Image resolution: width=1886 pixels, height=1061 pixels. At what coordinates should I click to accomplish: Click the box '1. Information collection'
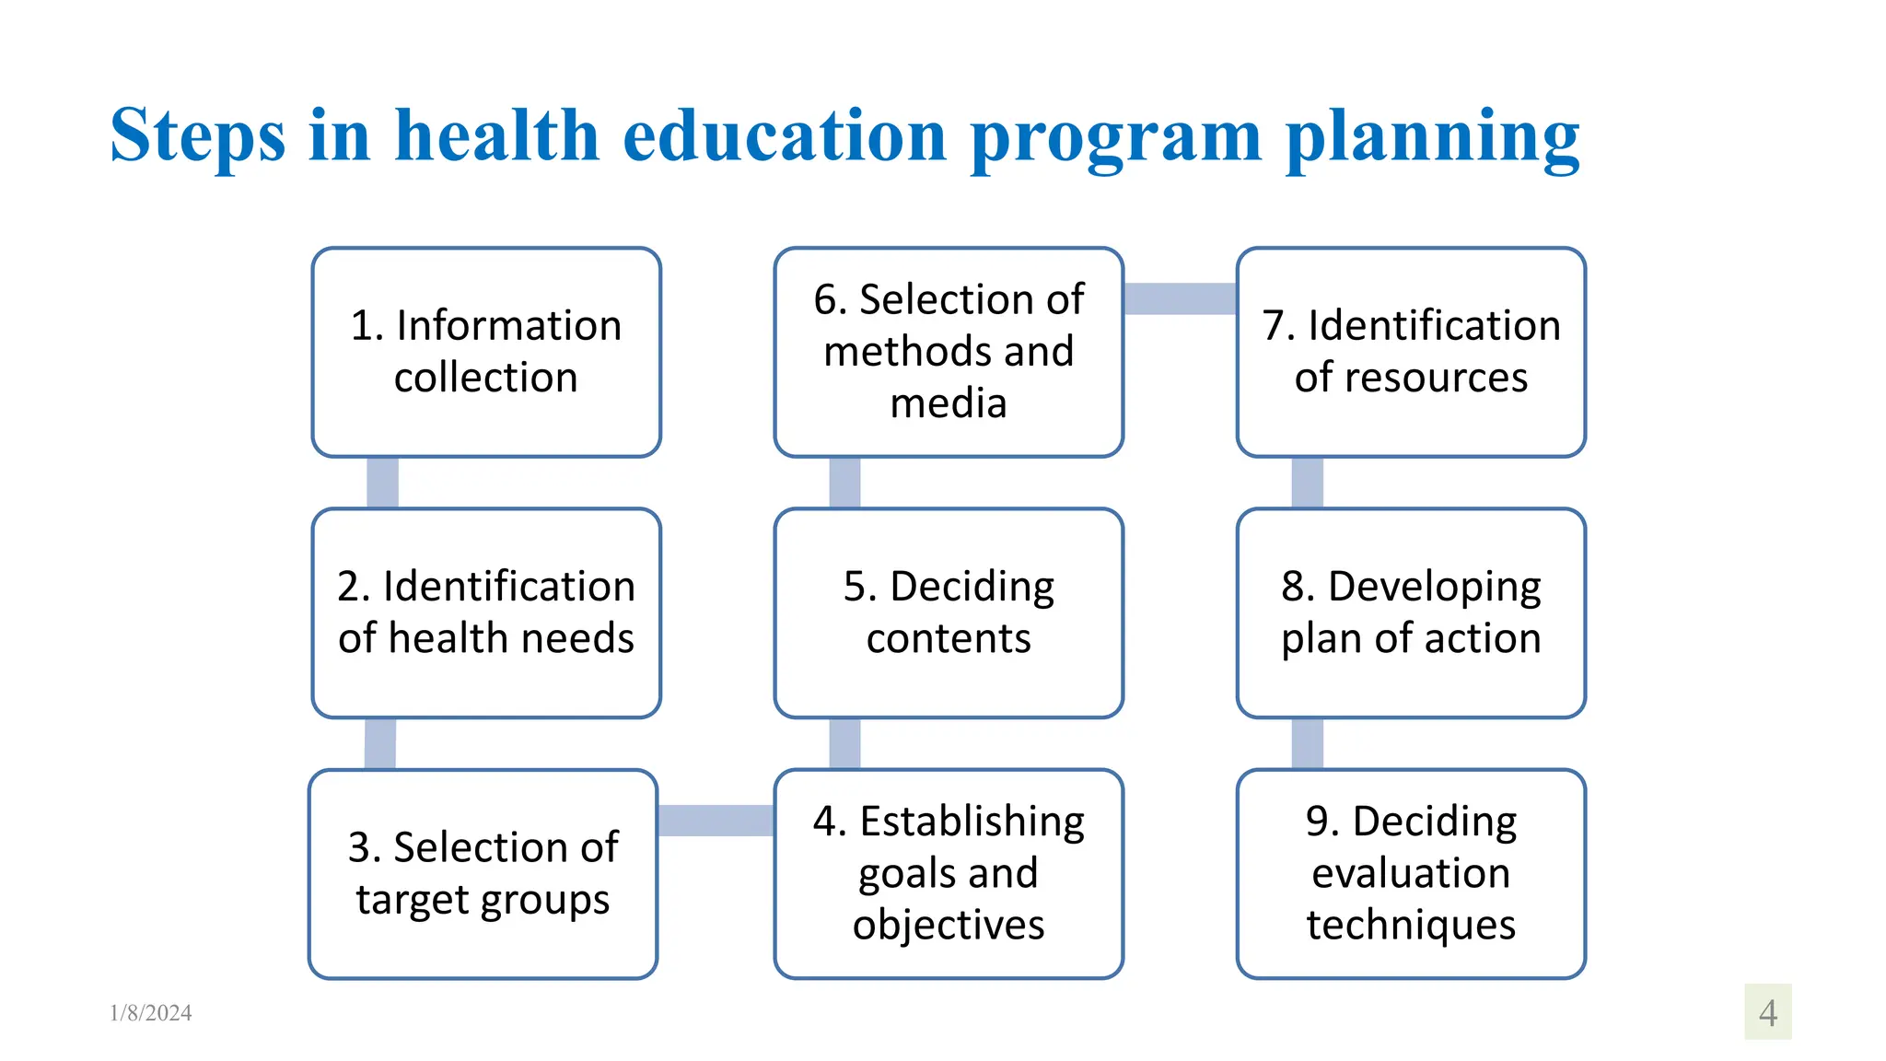(486, 352)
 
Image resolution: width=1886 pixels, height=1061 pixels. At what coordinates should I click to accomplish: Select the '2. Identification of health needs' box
(486, 612)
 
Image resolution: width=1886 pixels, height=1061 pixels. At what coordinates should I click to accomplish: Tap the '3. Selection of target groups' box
(483, 873)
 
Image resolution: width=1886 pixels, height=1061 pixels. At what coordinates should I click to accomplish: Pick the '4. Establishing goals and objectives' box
(949, 873)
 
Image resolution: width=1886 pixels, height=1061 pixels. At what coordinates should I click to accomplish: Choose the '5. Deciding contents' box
(949, 612)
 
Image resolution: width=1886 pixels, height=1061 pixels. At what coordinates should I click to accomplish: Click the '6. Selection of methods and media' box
(949, 352)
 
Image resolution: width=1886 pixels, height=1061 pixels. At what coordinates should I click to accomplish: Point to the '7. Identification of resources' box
(1411, 352)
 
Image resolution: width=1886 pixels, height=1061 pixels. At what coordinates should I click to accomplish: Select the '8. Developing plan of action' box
(1411, 612)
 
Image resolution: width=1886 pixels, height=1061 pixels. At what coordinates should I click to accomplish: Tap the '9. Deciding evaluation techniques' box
(1411, 873)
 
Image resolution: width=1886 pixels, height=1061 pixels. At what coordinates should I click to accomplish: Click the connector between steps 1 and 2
(382, 483)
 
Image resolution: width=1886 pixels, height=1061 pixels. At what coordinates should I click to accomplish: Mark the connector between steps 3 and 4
(716, 821)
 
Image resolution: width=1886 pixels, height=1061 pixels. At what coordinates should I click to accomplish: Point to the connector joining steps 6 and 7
(1180, 298)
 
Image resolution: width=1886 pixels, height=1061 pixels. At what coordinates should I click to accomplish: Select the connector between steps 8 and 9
(1307, 743)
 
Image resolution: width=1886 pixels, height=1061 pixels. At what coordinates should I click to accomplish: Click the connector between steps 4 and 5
(844, 743)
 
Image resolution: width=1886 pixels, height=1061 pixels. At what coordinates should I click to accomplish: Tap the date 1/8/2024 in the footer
(151, 1013)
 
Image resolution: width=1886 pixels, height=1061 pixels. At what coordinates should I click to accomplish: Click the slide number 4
(1767, 1013)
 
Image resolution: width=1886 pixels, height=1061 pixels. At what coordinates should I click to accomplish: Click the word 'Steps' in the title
(197, 136)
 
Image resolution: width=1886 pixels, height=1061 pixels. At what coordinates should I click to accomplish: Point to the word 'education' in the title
(785, 136)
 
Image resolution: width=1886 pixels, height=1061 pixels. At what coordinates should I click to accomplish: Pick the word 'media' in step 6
(949, 403)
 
